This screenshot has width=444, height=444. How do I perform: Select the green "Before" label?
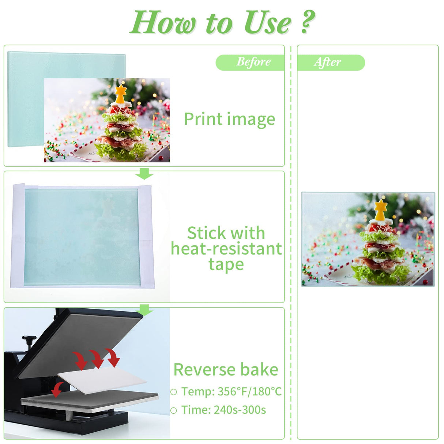[x=253, y=62]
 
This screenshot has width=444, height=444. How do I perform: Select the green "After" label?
[x=328, y=62]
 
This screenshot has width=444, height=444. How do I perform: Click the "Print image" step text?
[x=229, y=120]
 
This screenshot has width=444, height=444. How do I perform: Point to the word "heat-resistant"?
[x=226, y=249]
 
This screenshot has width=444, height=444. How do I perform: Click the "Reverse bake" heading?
[x=226, y=369]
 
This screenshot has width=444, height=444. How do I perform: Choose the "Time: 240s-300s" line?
[x=223, y=410]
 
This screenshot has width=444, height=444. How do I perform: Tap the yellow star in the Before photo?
[x=121, y=90]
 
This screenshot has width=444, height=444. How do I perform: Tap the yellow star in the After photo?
[x=381, y=205]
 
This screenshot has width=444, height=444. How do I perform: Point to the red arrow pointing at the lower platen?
[x=56, y=390]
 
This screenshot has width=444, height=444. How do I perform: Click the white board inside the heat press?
[x=102, y=380]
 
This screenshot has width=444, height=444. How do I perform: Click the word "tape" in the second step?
[x=226, y=264]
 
